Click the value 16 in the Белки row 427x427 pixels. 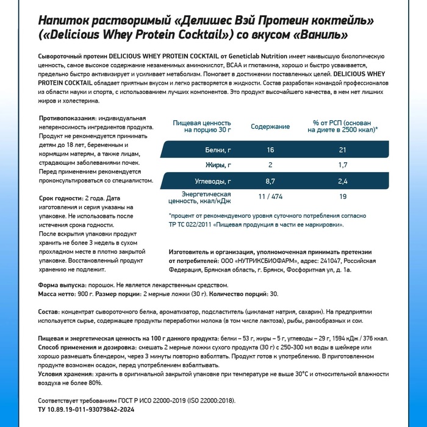point(270,150)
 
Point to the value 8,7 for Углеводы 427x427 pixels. point(270,181)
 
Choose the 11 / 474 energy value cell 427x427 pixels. point(270,197)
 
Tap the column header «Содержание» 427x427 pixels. point(270,126)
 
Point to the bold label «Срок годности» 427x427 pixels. point(60,198)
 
